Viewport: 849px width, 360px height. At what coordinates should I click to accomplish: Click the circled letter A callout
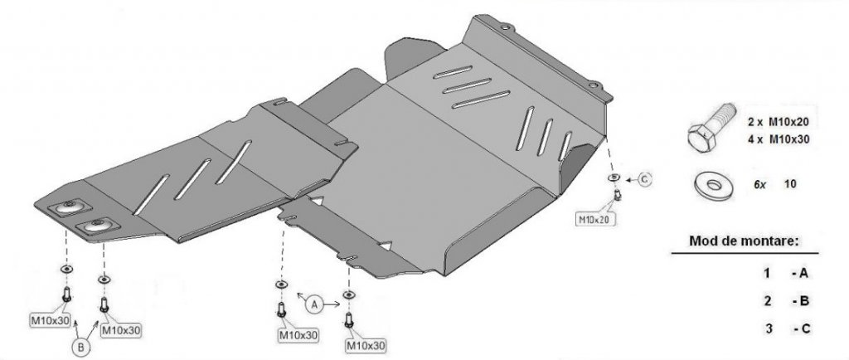pos(314,305)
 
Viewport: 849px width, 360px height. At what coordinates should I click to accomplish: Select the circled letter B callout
pos(80,348)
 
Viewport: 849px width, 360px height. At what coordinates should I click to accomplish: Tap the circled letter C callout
pos(643,180)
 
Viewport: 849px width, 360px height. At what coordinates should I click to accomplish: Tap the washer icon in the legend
pos(714,185)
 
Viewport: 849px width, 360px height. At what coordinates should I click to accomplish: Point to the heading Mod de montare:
pos(744,241)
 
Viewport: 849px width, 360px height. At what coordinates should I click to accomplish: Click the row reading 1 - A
pos(786,274)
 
